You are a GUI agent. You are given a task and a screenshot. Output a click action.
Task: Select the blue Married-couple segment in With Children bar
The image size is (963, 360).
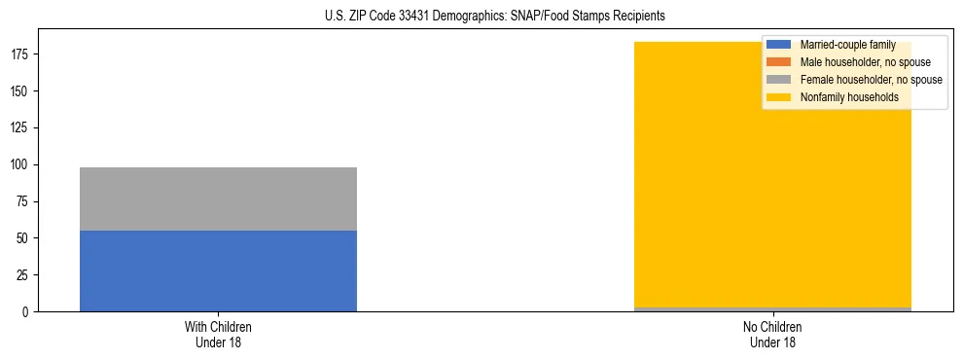(x=218, y=270)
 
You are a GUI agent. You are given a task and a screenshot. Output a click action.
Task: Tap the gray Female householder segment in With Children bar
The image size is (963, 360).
(x=218, y=198)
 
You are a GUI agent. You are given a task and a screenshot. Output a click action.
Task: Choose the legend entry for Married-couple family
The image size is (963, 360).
(x=843, y=45)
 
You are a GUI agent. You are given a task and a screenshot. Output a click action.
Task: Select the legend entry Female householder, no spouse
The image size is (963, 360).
(x=871, y=80)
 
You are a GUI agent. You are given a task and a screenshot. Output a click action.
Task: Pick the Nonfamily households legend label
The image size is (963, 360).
(x=849, y=97)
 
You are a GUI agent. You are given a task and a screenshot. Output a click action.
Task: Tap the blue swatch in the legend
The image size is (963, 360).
(x=779, y=45)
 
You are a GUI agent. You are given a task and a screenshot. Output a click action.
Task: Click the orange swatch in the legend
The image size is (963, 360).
(x=779, y=62)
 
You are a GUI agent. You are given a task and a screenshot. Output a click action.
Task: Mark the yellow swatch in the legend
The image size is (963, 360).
(x=779, y=97)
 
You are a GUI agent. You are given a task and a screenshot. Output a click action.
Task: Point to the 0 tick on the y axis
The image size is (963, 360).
(x=29, y=312)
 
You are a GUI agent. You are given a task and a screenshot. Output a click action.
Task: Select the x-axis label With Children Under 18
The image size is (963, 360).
(x=218, y=334)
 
